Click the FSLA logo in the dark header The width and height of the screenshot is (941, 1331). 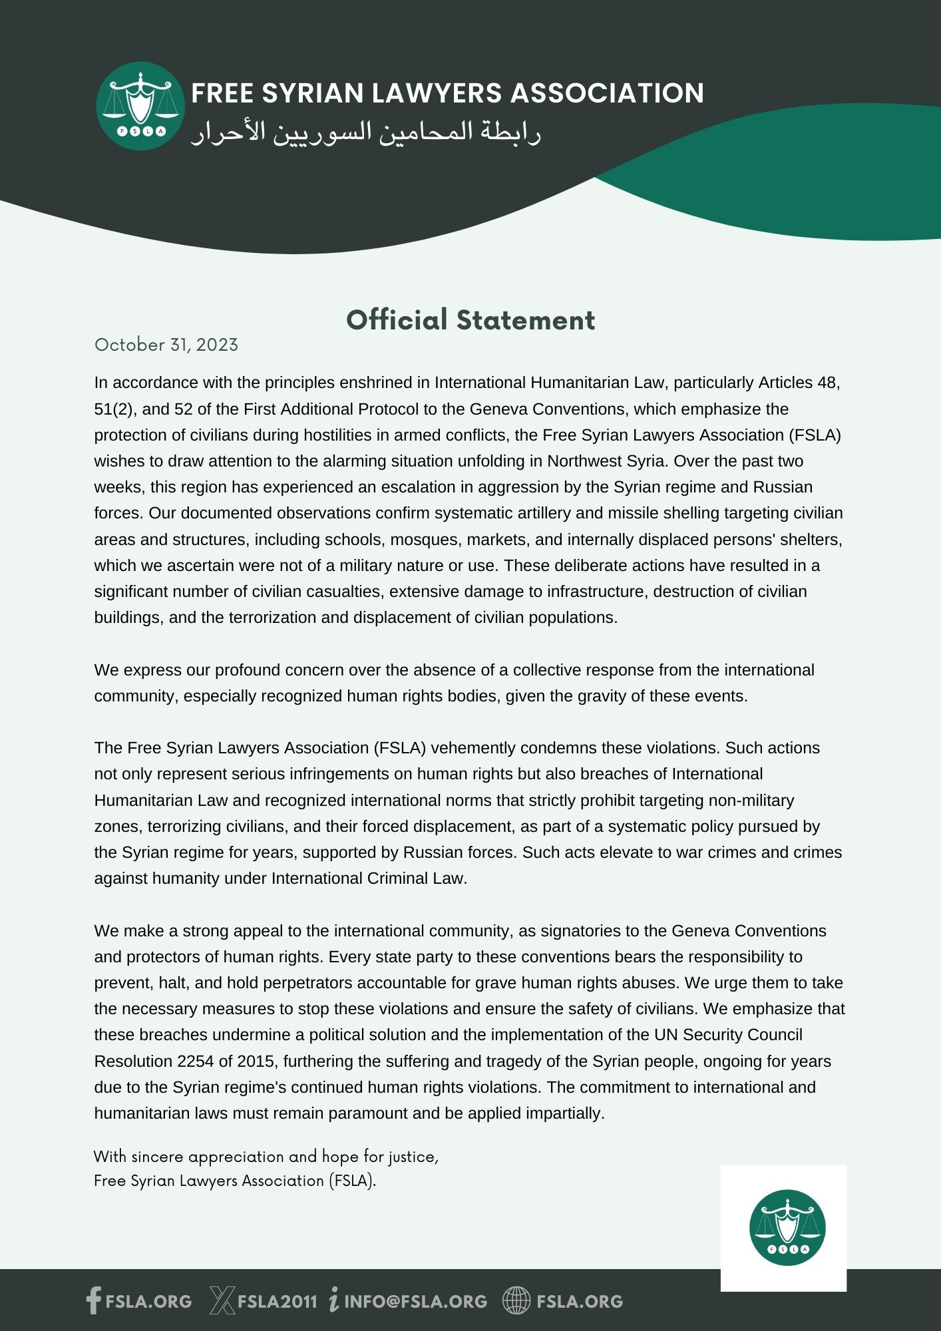pyautogui.click(x=140, y=106)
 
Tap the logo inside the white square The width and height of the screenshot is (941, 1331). pyautogui.click(x=787, y=1228)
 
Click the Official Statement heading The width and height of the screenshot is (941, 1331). pyautogui.click(x=471, y=320)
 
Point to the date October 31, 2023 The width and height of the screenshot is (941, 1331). pyautogui.click(x=166, y=345)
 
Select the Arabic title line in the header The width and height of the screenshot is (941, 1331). pyautogui.click(x=366, y=132)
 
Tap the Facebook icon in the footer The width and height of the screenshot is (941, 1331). pyautogui.click(x=94, y=1300)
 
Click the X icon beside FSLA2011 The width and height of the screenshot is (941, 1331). pyautogui.click(x=222, y=1300)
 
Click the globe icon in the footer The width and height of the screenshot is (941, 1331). pyautogui.click(x=516, y=1300)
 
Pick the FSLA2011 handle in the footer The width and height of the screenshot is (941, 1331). pyautogui.click(x=278, y=1301)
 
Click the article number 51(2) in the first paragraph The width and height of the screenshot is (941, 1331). pyautogui.click(x=114, y=409)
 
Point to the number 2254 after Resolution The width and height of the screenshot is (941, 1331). pyautogui.click(x=195, y=1061)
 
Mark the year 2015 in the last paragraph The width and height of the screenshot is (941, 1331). pyautogui.click(x=256, y=1061)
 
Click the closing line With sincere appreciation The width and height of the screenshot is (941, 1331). pyautogui.click(x=266, y=1157)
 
